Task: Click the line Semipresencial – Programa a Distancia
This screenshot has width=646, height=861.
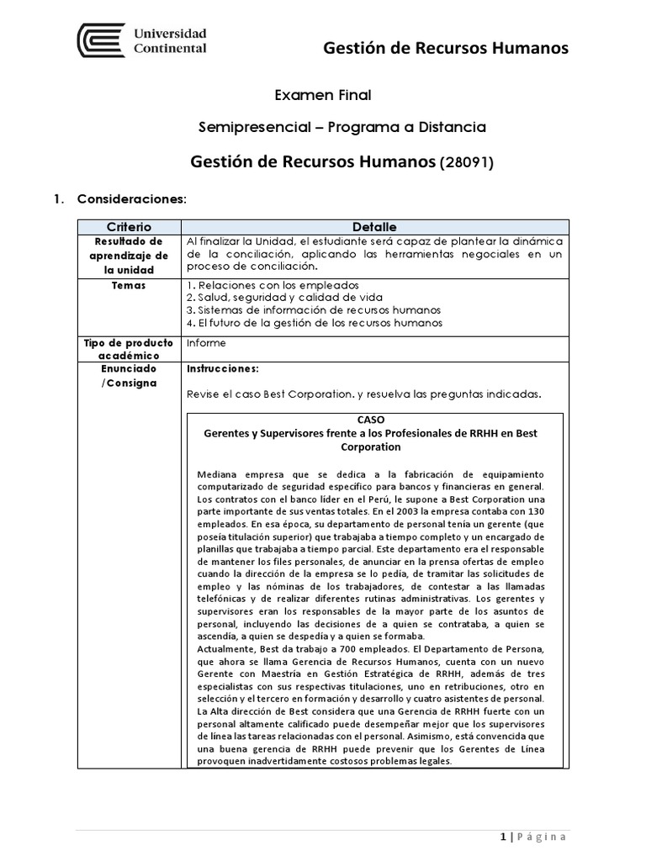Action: coord(342,128)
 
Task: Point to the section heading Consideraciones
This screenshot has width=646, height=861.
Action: coord(130,199)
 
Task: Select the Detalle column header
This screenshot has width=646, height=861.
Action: coord(374,227)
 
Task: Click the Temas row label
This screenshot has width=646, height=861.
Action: coord(129,285)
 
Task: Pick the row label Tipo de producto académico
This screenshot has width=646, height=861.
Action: coord(129,349)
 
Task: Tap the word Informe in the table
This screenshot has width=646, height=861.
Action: coord(206,343)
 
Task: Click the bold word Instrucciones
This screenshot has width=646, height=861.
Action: coord(223,368)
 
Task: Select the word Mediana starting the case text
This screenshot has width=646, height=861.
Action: coord(217,473)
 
